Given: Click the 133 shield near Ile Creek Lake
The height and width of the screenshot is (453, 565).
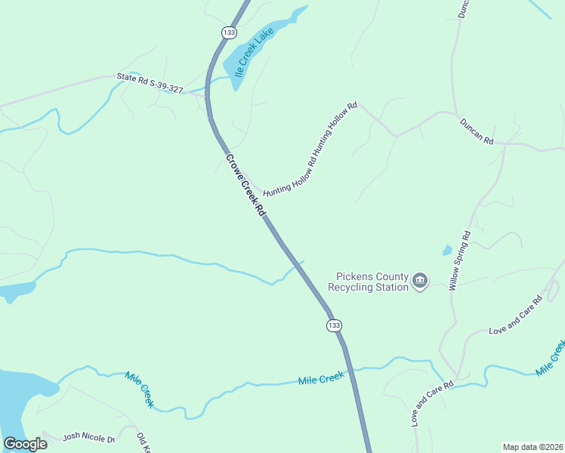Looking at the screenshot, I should (229, 32).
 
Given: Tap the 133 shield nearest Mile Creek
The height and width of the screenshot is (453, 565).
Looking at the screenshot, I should (335, 325).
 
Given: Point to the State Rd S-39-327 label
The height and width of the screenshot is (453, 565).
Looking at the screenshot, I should (150, 82).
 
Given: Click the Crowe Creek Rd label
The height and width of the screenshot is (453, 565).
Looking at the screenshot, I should (247, 186).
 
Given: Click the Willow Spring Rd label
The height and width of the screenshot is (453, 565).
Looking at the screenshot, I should (459, 261).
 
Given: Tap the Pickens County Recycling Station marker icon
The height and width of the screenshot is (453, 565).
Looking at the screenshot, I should (420, 282).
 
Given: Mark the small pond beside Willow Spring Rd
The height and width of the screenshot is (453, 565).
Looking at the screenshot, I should (447, 250).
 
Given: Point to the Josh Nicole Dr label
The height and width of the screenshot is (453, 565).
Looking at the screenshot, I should (88, 437).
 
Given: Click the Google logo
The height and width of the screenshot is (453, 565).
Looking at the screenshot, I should (25, 443).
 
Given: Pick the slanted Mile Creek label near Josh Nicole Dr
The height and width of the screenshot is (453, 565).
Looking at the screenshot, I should (139, 390).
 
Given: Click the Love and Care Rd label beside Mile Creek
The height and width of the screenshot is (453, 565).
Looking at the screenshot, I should (431, 404).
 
